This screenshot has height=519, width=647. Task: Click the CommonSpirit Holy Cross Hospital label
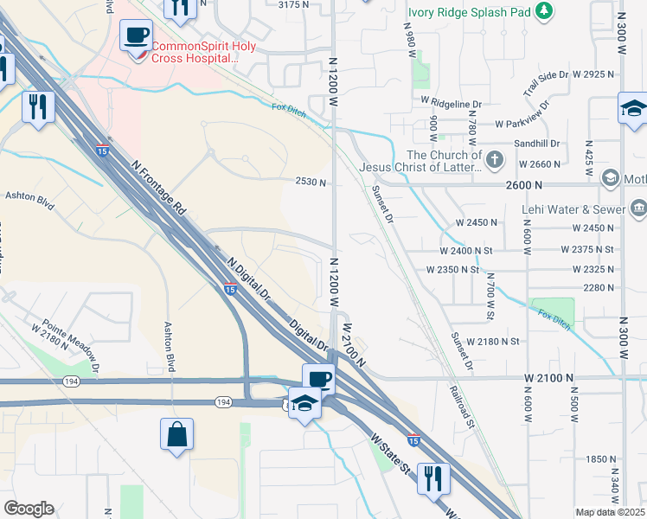[x=203, y=52]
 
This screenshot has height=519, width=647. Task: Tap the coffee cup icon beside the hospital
[x=137, y=37]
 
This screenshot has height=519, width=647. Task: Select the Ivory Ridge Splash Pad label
[x=469, y=12]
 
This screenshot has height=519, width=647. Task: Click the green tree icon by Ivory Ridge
[x=544, y=11]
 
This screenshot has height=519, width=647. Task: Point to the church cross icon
[x=494, y=159]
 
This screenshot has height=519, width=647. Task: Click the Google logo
[x=29, y=509]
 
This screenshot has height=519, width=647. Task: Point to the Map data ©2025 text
[x=610, y=512]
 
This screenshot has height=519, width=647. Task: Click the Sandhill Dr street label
[x=536, y=144]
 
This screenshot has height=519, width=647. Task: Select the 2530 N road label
[x=311, y=183]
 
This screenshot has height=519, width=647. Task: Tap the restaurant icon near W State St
[x=431, y=477]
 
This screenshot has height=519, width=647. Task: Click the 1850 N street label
[x=599, y=459]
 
